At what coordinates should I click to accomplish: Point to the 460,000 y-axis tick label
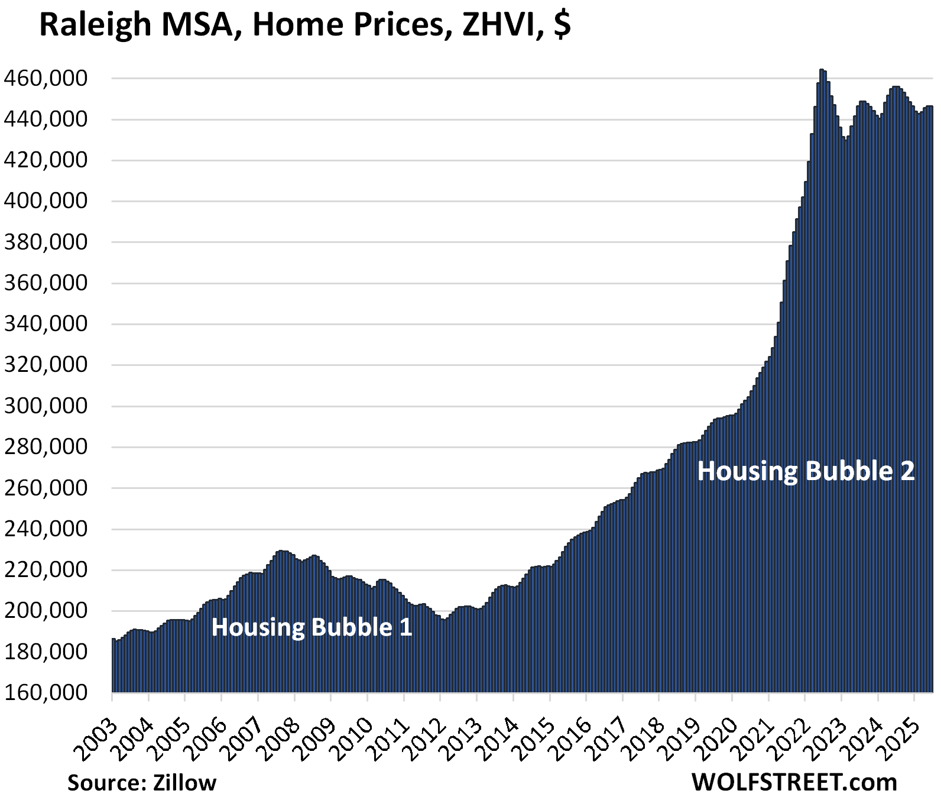[x=46, y=78]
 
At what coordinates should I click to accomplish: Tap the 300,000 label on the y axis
[x=46, y=406]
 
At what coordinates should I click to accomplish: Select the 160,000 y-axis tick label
[x=46, y=692]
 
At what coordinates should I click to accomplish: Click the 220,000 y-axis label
[x=46, y=570]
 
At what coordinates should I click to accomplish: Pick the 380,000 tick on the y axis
[x=46, y=242]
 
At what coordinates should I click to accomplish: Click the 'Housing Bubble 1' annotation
[x=311, y=627]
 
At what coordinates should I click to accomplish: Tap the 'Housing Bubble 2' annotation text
[x=806, y=471]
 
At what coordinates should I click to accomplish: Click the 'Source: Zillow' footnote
[x=142, y=783]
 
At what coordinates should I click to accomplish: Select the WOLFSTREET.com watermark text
[x=794, y=783]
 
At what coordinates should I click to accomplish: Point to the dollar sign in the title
[x=563, y=25]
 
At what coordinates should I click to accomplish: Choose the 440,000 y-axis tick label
[x=46, y=119]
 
